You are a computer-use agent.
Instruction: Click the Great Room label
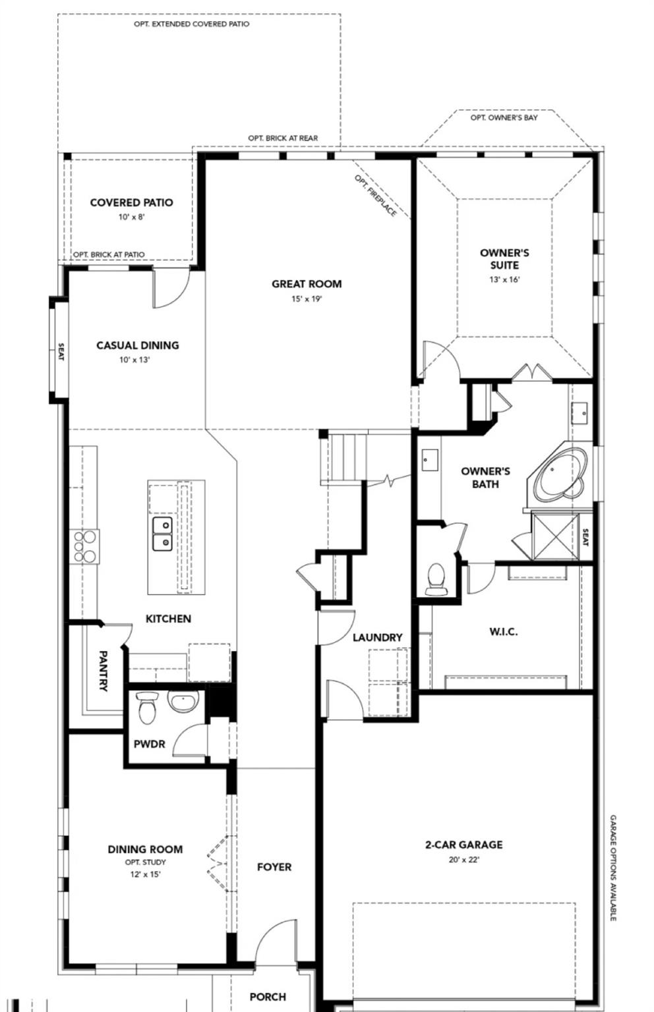(307, 284)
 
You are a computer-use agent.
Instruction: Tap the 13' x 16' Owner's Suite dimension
(504, 279)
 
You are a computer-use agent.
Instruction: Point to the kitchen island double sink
(162, 534)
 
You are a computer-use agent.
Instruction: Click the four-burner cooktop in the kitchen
(84, 546)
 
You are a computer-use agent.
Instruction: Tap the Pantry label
(104, 671)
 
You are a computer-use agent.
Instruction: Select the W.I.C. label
(503, 632)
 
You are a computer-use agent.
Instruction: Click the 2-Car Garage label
(463, 845)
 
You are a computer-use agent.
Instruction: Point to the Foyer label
(274, 867)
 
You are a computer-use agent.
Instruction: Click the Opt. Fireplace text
(376, 196)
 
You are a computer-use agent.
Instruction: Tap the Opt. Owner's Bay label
(504, 118)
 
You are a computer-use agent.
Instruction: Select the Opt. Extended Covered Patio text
(192, 24)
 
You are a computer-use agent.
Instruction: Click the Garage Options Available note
(612, 867)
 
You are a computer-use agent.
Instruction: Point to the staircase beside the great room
(343, 457)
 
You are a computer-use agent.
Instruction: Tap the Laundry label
(377, 638)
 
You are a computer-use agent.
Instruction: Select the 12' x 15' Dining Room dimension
(145, 874)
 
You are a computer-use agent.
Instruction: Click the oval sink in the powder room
(183, 701)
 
